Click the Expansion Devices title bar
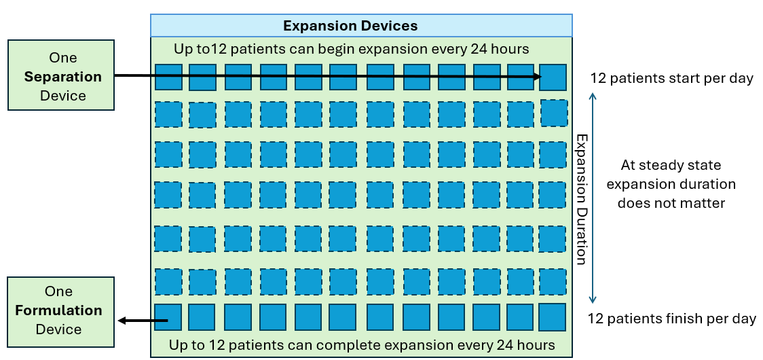[360, 26]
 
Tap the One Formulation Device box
[60, 310]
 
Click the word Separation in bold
[63, 77]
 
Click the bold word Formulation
[59, 310]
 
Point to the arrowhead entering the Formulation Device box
[120, 320]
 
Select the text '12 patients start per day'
[671, 78]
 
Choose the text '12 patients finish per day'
[671, 319]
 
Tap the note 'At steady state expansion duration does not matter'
[671, 184]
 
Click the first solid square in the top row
[168, 77]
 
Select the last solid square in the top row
[553, 77]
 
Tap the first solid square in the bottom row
[168, 317]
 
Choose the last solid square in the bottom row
[553, 317]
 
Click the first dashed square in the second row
[168, 114]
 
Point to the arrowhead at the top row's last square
[536, 77]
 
